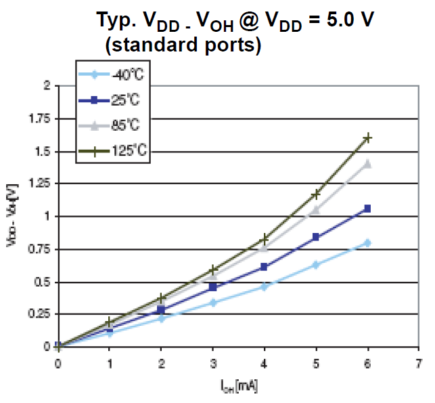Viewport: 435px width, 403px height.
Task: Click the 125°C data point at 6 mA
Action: [x=368, y=137]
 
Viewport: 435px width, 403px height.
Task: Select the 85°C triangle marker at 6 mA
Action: [x=368, y=163]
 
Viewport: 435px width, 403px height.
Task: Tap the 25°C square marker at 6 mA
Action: [x=368, y=209]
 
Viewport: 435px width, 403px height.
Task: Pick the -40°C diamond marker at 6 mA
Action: [x=368, y=242]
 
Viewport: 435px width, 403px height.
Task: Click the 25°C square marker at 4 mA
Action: [x=265, y=267]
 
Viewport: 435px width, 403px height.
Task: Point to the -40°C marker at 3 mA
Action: [x=213, y=302]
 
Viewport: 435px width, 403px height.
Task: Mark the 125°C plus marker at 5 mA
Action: [x=316, y=194]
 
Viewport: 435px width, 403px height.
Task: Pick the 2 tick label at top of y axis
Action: [x=47, y=86]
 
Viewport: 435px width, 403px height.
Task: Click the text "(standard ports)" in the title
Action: [x=183, y=47]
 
